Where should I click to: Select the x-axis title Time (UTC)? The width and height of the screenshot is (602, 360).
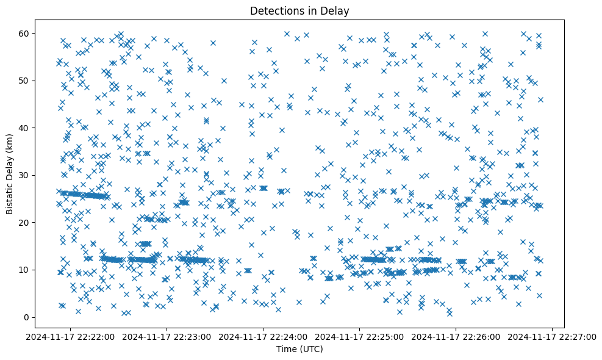299,350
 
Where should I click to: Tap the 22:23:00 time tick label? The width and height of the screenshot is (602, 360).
167,336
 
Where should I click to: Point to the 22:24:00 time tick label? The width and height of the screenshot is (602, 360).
263,336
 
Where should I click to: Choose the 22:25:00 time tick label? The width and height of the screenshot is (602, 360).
360,336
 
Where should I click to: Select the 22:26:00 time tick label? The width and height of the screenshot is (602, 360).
456,336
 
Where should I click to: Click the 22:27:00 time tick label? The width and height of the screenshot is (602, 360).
553,336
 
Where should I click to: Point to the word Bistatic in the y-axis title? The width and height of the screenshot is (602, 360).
10,195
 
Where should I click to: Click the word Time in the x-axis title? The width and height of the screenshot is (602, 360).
286,350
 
